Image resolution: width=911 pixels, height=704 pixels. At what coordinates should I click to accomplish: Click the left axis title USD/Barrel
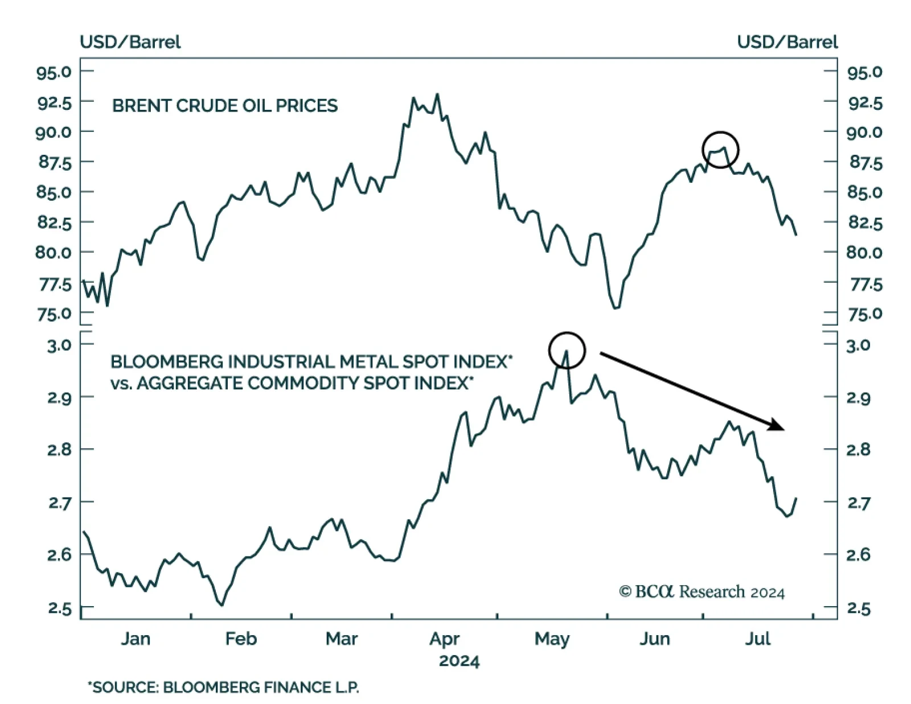pos(130,42)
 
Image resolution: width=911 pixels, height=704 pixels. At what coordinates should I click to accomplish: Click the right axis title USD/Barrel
pos(787,42)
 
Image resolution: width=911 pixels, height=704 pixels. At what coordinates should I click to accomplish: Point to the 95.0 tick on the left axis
pos(54,72)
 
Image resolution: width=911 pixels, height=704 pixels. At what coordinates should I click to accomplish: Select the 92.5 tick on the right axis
pos(865,103)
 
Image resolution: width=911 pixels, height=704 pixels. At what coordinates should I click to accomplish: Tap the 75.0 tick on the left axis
pos(54,314)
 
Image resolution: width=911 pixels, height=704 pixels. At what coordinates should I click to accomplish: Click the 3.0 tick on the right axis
pos(858,345)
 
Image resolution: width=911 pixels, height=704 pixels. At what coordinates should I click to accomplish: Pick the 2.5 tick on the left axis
pos(59,608)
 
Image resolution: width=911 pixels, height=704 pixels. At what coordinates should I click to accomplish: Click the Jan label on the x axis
pos(136,639)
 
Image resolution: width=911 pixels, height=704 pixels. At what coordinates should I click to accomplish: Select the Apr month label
pos(444,639)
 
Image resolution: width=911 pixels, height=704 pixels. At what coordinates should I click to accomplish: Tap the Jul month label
pos(757,639)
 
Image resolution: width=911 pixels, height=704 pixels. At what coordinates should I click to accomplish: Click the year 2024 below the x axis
pos(459,661)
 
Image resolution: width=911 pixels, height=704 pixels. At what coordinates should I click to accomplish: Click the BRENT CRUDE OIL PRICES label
pos(224,106)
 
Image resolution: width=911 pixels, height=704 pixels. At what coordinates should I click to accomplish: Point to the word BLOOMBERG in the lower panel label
pos(166,362)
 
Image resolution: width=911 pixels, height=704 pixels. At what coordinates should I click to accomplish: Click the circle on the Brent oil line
pos(720,150)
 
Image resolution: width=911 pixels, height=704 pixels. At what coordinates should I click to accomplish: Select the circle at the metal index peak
pos(567,350)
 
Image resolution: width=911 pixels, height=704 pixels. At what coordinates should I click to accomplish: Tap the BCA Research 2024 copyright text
pos(701,592)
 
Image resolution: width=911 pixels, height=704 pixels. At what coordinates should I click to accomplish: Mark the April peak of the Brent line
pos(437,94)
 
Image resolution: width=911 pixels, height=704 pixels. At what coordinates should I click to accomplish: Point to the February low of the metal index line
pos(221,604)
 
